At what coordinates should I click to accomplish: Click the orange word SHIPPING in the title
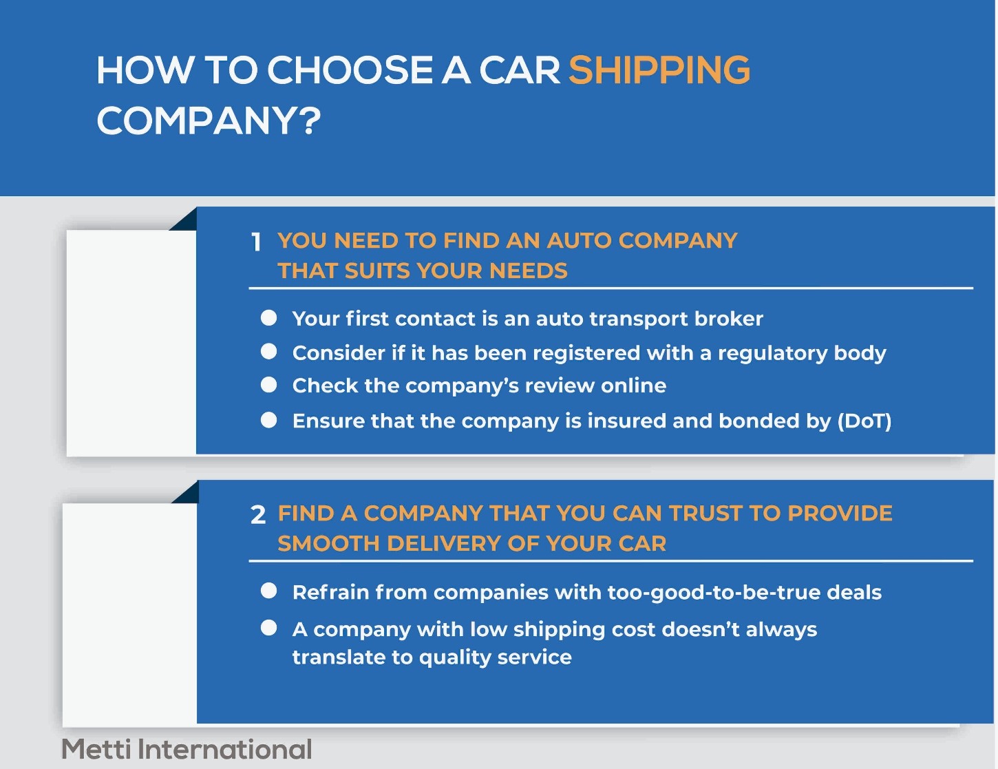(x=659, y=70)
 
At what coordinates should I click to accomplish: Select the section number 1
(x=256, y=242)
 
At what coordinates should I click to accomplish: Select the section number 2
(x=258, y=515)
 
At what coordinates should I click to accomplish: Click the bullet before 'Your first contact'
(x=268, y=317)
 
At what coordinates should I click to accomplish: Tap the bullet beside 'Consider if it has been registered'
(x=268, y=351)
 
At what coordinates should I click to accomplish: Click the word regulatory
(x=772, y=353)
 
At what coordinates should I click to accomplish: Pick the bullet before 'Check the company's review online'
(x=268, y=384)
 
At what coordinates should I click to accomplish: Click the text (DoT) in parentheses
(x=864, y=421)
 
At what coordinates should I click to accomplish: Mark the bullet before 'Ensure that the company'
(x=268, y=420)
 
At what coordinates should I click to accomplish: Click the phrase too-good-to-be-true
(x=714, y=593)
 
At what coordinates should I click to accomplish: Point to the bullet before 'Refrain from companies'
(x=268, y=591)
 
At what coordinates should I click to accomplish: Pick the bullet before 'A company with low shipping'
(x=268, y=627)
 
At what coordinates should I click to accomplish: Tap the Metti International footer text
(x=187, y=749)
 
